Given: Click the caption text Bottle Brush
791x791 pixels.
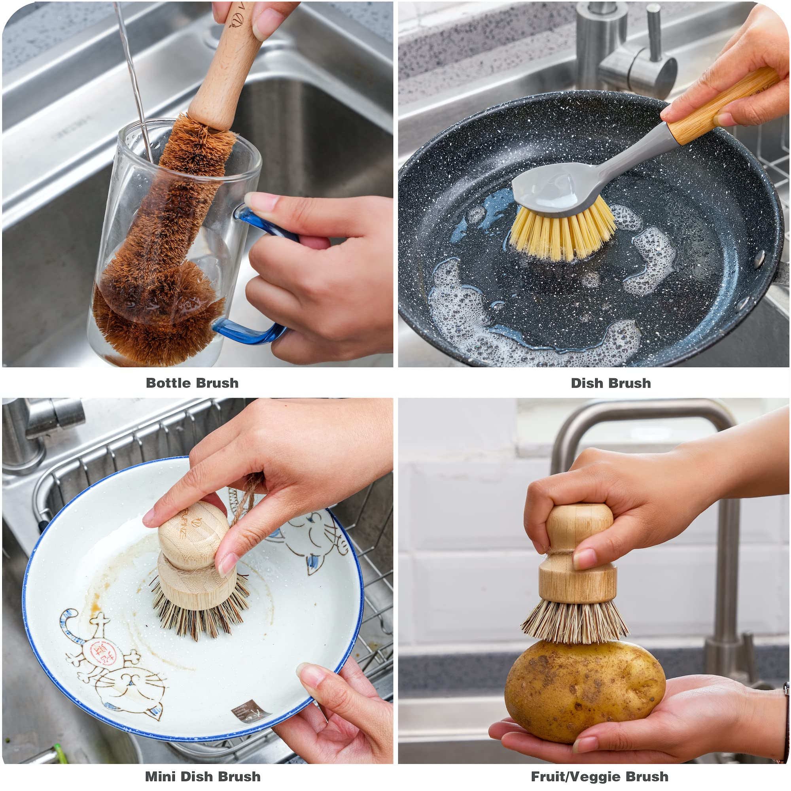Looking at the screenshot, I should (192, 383).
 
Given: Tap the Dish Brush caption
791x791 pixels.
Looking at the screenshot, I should (610, 383).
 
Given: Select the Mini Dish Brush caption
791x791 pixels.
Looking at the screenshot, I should (202, 776).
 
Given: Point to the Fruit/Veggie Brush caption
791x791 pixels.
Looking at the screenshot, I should (600, 776).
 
